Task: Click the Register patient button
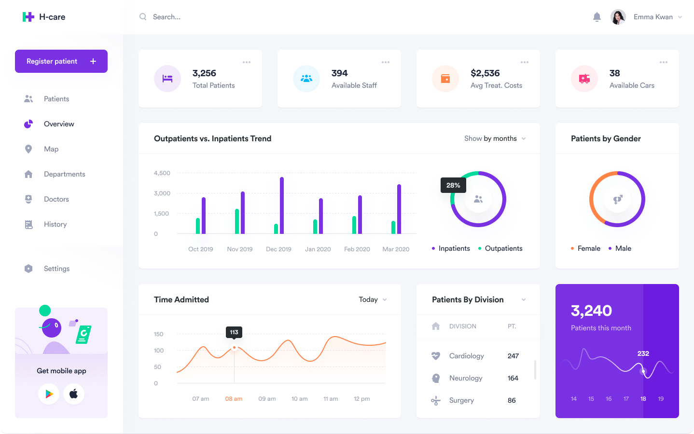pyautogui.click(x=61, y=61)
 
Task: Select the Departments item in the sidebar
pyautogui.click(x=64, y=174)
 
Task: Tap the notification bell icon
pyautogui.click(x=597, y=17)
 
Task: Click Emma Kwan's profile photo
pyautogui.click(x=618, y=17)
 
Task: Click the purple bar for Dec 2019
pyautogui.click(x=282, y=205)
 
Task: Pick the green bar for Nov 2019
pyautogui.click(x=237, y=221)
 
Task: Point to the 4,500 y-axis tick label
pyautogui.click(x=162, y=173)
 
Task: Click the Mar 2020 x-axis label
pyautogui.click(x=396, y=249)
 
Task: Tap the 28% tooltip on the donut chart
pyautogui.click(x=453, y=185)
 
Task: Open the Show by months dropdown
pyautogui.click(x=495, y=138)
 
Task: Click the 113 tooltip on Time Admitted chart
pyautogui.click(x=234, y=332)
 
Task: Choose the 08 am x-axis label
pyautogui.click(x=234, y=399)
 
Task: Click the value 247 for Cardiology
pyautogui.click(x=513, y=356)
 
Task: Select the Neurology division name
pyautogui.click(x=466, y=378)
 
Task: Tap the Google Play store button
pyautogui.click(x=49, y=394)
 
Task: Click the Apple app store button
pyautogui.click(x=74, y=394)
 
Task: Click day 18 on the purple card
pyautogui.click(x=643, y=399)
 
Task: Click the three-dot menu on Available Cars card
pyautogui.click(x=664, y=62)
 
